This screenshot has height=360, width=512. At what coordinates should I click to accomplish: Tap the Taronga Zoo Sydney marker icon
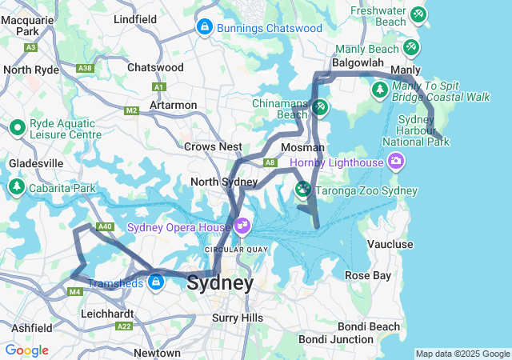(x=303, y=190)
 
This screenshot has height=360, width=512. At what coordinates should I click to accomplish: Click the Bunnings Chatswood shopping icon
(x=204, y=28)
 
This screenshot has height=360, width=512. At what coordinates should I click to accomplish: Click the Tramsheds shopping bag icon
(x=154, y=282)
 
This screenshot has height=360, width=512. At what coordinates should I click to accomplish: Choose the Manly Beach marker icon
(x=411, y=48)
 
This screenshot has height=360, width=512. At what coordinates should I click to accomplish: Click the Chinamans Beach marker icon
(x=319, y=106)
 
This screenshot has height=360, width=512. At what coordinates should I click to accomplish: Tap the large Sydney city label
(x=220, y=283)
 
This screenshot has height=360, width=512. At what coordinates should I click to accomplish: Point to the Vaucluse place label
(x=390, y=244)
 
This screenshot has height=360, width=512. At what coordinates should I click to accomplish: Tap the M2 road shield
(x=132, y=110)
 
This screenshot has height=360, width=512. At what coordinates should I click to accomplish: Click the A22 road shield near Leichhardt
(x=123, y=326)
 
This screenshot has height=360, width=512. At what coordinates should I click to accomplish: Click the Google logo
(x=26, y=350)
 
